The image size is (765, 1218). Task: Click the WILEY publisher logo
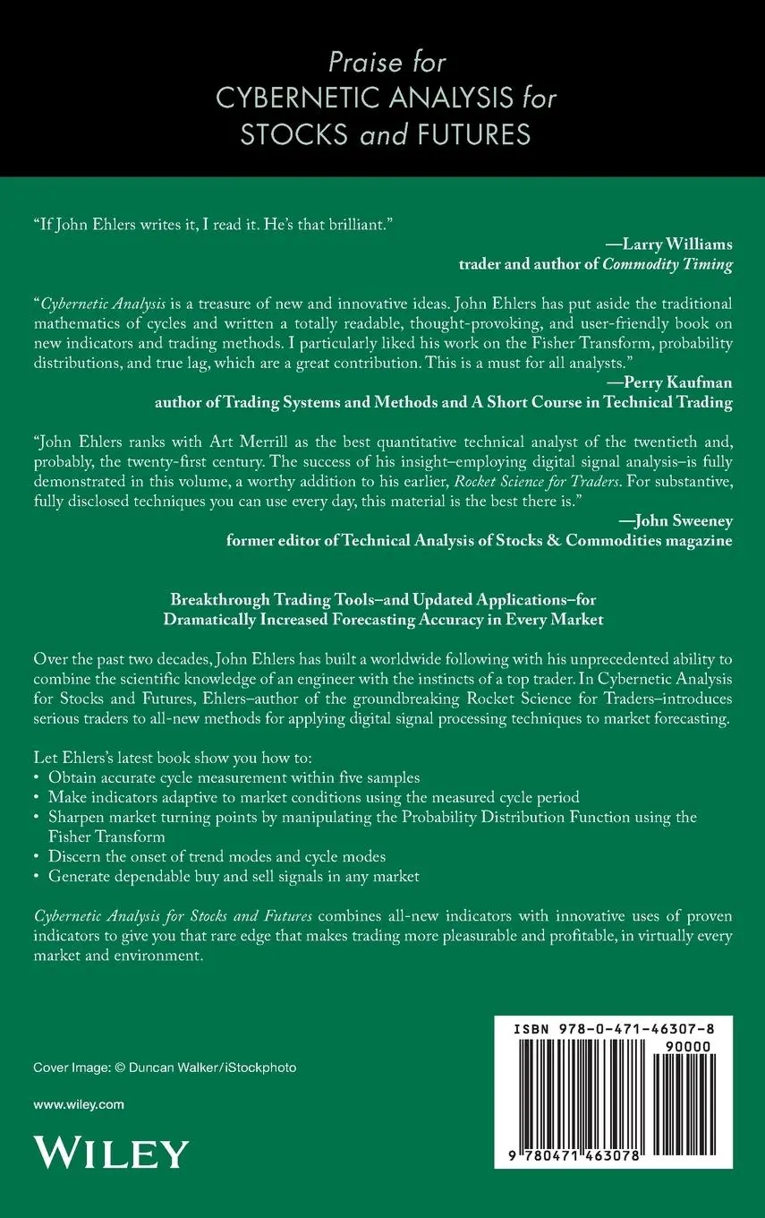[x=111, y=1152]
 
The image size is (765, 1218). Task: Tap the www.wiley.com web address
[x=79, y=1104]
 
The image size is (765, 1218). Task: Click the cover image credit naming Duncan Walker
[x=165, y=1068]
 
